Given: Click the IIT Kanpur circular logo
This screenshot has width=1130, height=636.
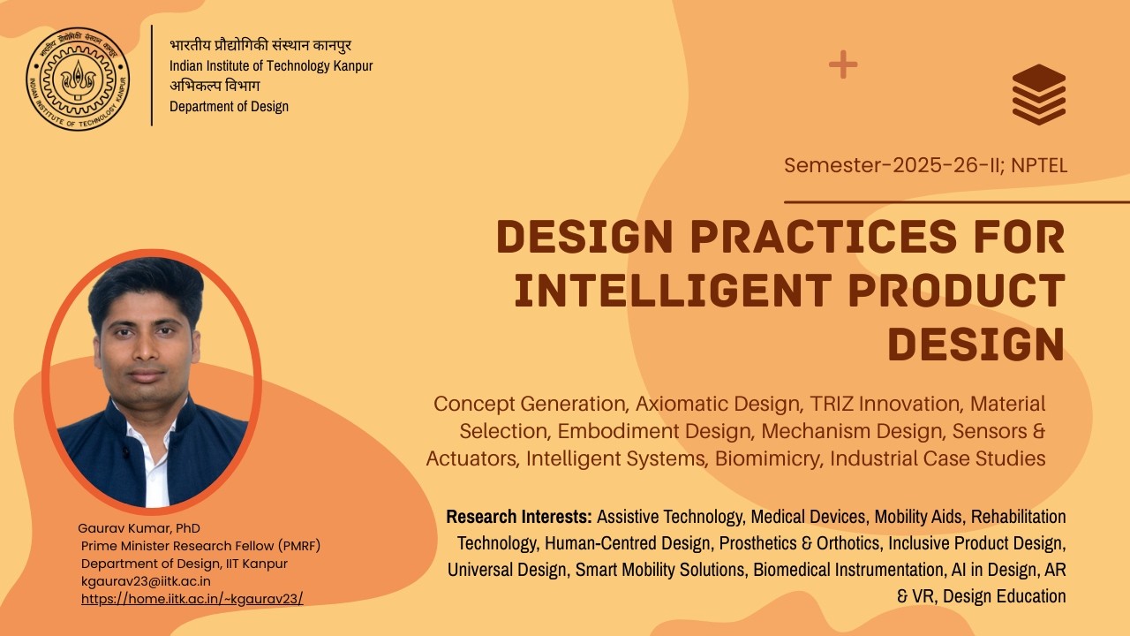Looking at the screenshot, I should tap(78, 78).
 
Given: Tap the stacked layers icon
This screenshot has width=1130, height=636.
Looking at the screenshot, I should tap(1039, 95).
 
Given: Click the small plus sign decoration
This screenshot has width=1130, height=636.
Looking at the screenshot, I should tap(843, 64).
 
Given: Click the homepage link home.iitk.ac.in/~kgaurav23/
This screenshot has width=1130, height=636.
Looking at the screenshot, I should tap(192, 598).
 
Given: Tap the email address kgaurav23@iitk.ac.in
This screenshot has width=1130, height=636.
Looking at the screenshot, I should tap(146, 581).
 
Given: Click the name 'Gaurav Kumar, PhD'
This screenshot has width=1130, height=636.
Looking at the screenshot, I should tap(139, 528).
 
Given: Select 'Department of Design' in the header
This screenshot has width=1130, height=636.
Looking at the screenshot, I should tap(229, 106).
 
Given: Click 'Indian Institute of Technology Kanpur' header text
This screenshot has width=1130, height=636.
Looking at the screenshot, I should tap(271, 66).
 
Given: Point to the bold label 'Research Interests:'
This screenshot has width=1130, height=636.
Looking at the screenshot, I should tap(518, 516).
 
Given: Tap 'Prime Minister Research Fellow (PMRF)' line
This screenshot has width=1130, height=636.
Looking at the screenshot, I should tap(207, 546).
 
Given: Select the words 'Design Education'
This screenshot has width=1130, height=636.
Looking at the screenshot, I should tap(1004, 596).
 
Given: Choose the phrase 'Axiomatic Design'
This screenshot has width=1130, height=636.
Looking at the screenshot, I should tap(717, 404).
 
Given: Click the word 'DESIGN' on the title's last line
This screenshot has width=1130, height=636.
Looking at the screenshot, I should tap(976, 344).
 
